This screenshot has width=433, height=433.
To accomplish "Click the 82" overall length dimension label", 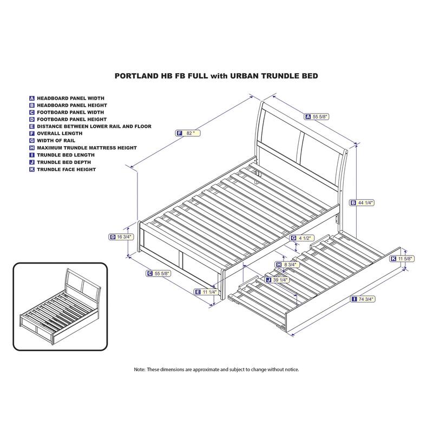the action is click(x=188, y=133).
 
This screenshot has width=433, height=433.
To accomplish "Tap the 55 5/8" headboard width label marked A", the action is click(x=317, y=116).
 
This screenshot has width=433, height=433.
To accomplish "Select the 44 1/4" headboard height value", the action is click(x=362, y=202).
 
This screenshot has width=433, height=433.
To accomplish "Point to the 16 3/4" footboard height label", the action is click(x=121, y=237).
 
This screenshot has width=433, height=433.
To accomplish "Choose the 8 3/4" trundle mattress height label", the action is click(x=287, y=265).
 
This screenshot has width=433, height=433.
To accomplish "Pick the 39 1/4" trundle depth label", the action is click(x=277, y=280).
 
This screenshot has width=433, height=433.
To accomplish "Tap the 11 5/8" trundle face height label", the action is click(x=402, y=259).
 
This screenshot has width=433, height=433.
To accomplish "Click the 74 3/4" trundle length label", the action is click(x=363, y=299).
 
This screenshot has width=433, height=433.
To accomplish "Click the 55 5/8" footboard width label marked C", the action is click(x=159, y=273).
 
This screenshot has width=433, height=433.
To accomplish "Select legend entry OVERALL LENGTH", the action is click(x=60, y=133).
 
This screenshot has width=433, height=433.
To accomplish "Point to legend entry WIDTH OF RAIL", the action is click(x=56, y=141).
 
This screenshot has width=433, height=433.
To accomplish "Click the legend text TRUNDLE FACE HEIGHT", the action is click(x=66, y=169).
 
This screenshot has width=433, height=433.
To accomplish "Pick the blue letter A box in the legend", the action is click(x=32, y=99).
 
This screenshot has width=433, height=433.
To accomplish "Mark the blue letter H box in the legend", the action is click(x=32, y=148).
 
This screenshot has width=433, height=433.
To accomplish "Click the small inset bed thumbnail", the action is click(x=60, y=306).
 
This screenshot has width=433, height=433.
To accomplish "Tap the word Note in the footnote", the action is click(x=139, y=370).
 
